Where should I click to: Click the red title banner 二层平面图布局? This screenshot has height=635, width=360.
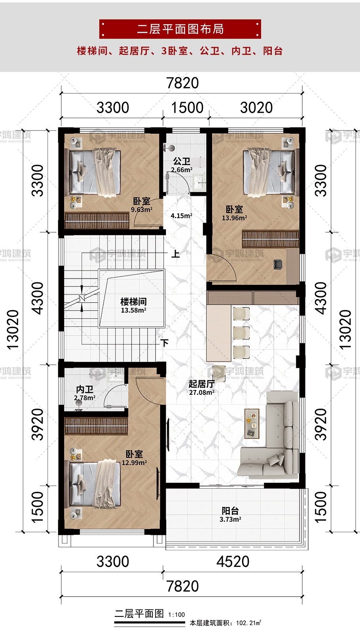(180, 29)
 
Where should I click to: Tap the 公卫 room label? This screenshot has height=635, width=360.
(182, 161)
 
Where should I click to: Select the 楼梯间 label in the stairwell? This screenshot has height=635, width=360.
(133, 301)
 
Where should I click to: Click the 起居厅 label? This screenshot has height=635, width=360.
(201, 384)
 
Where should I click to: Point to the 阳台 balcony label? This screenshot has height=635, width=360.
(230, 510)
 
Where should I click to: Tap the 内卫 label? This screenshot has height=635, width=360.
(85, 389)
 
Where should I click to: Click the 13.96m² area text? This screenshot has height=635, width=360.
(235, 218)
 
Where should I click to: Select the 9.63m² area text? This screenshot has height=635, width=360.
(142, 210)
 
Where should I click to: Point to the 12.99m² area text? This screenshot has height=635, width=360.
(135, 463)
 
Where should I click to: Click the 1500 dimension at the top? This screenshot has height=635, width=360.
(188, 108)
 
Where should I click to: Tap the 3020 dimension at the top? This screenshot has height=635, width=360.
(256, 108)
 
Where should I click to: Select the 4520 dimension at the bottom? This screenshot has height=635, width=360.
(233, 561)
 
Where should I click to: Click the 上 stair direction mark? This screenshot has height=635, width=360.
(176, 254)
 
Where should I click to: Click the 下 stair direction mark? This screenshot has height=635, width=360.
(165, 343)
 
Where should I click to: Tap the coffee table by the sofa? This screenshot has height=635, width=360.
(252, 423)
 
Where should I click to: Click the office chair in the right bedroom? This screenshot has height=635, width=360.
(278, 265)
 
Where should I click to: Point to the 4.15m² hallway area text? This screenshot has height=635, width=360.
(182, 216)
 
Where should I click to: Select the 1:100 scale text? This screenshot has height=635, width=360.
(176, 614)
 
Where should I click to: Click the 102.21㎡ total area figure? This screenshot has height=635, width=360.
(248, 623)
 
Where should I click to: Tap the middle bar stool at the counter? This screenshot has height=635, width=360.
(241, 333)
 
